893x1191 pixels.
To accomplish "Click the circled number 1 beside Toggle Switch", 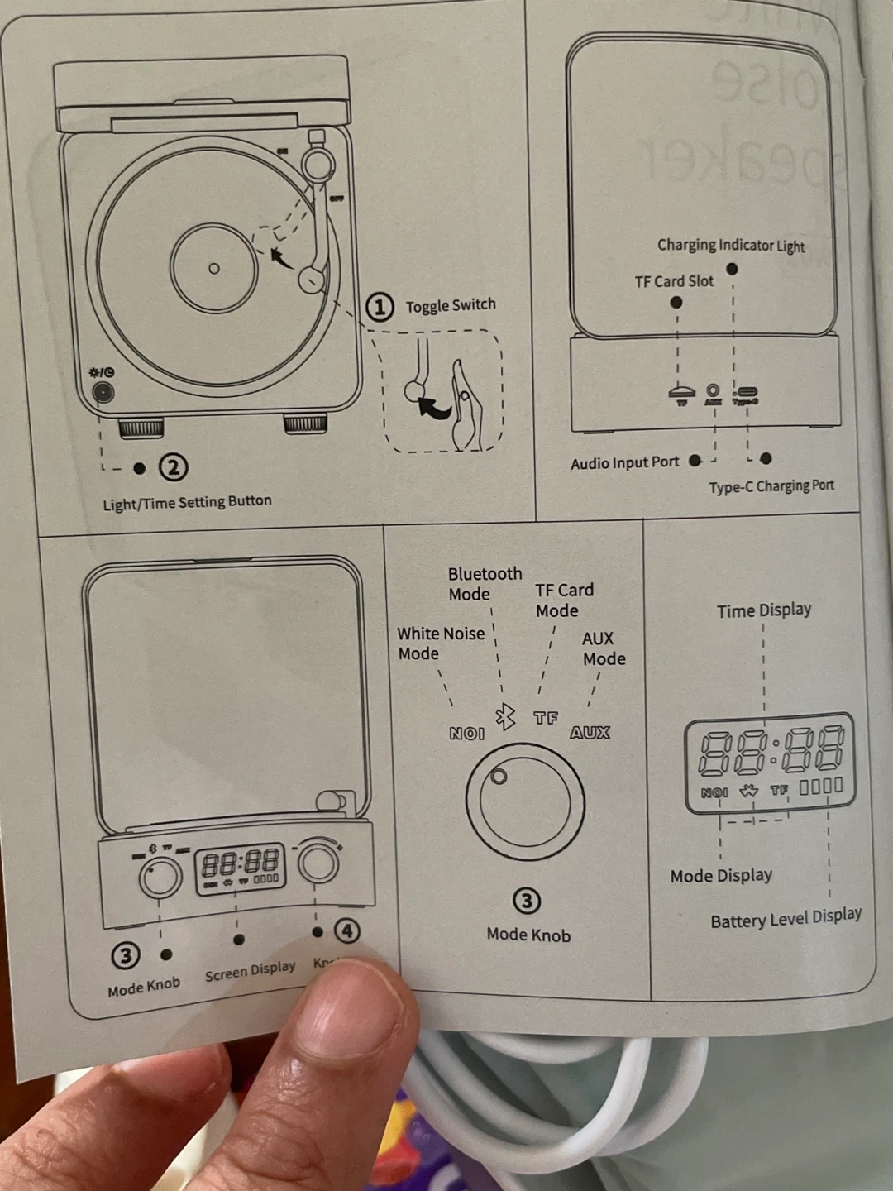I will click(x=380, y=308).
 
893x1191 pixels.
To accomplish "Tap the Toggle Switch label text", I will click(x=451, y=305).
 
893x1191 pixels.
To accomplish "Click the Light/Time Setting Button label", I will click(x=187, y=502).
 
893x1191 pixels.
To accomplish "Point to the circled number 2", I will click(x=173, y=468).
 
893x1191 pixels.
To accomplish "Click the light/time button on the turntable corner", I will click(x=103, y=391).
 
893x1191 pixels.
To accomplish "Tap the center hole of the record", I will click(x=213, y=268).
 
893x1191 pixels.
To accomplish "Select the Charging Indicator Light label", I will click(x=730, y=245).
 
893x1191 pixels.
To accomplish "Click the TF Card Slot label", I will click(x=674, y=281).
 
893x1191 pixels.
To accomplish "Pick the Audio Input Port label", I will click(x=624, y=462).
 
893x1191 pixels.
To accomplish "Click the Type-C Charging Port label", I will click(x=771, y=485).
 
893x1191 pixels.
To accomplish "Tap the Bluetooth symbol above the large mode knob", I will click(x=504, y=716).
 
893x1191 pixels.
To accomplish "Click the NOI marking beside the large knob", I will click(x=466, y=733).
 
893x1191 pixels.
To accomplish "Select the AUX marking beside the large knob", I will click(x=590, y=732).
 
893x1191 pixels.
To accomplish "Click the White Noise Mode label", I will click(x=440, y=643).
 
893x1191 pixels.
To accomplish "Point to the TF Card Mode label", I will click(x=564, y=600).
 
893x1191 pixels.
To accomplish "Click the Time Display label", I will click(x=764, y=610).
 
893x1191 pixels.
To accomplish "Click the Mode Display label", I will click(x=721, y=875).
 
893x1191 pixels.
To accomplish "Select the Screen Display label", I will click(x=250, y=970).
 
